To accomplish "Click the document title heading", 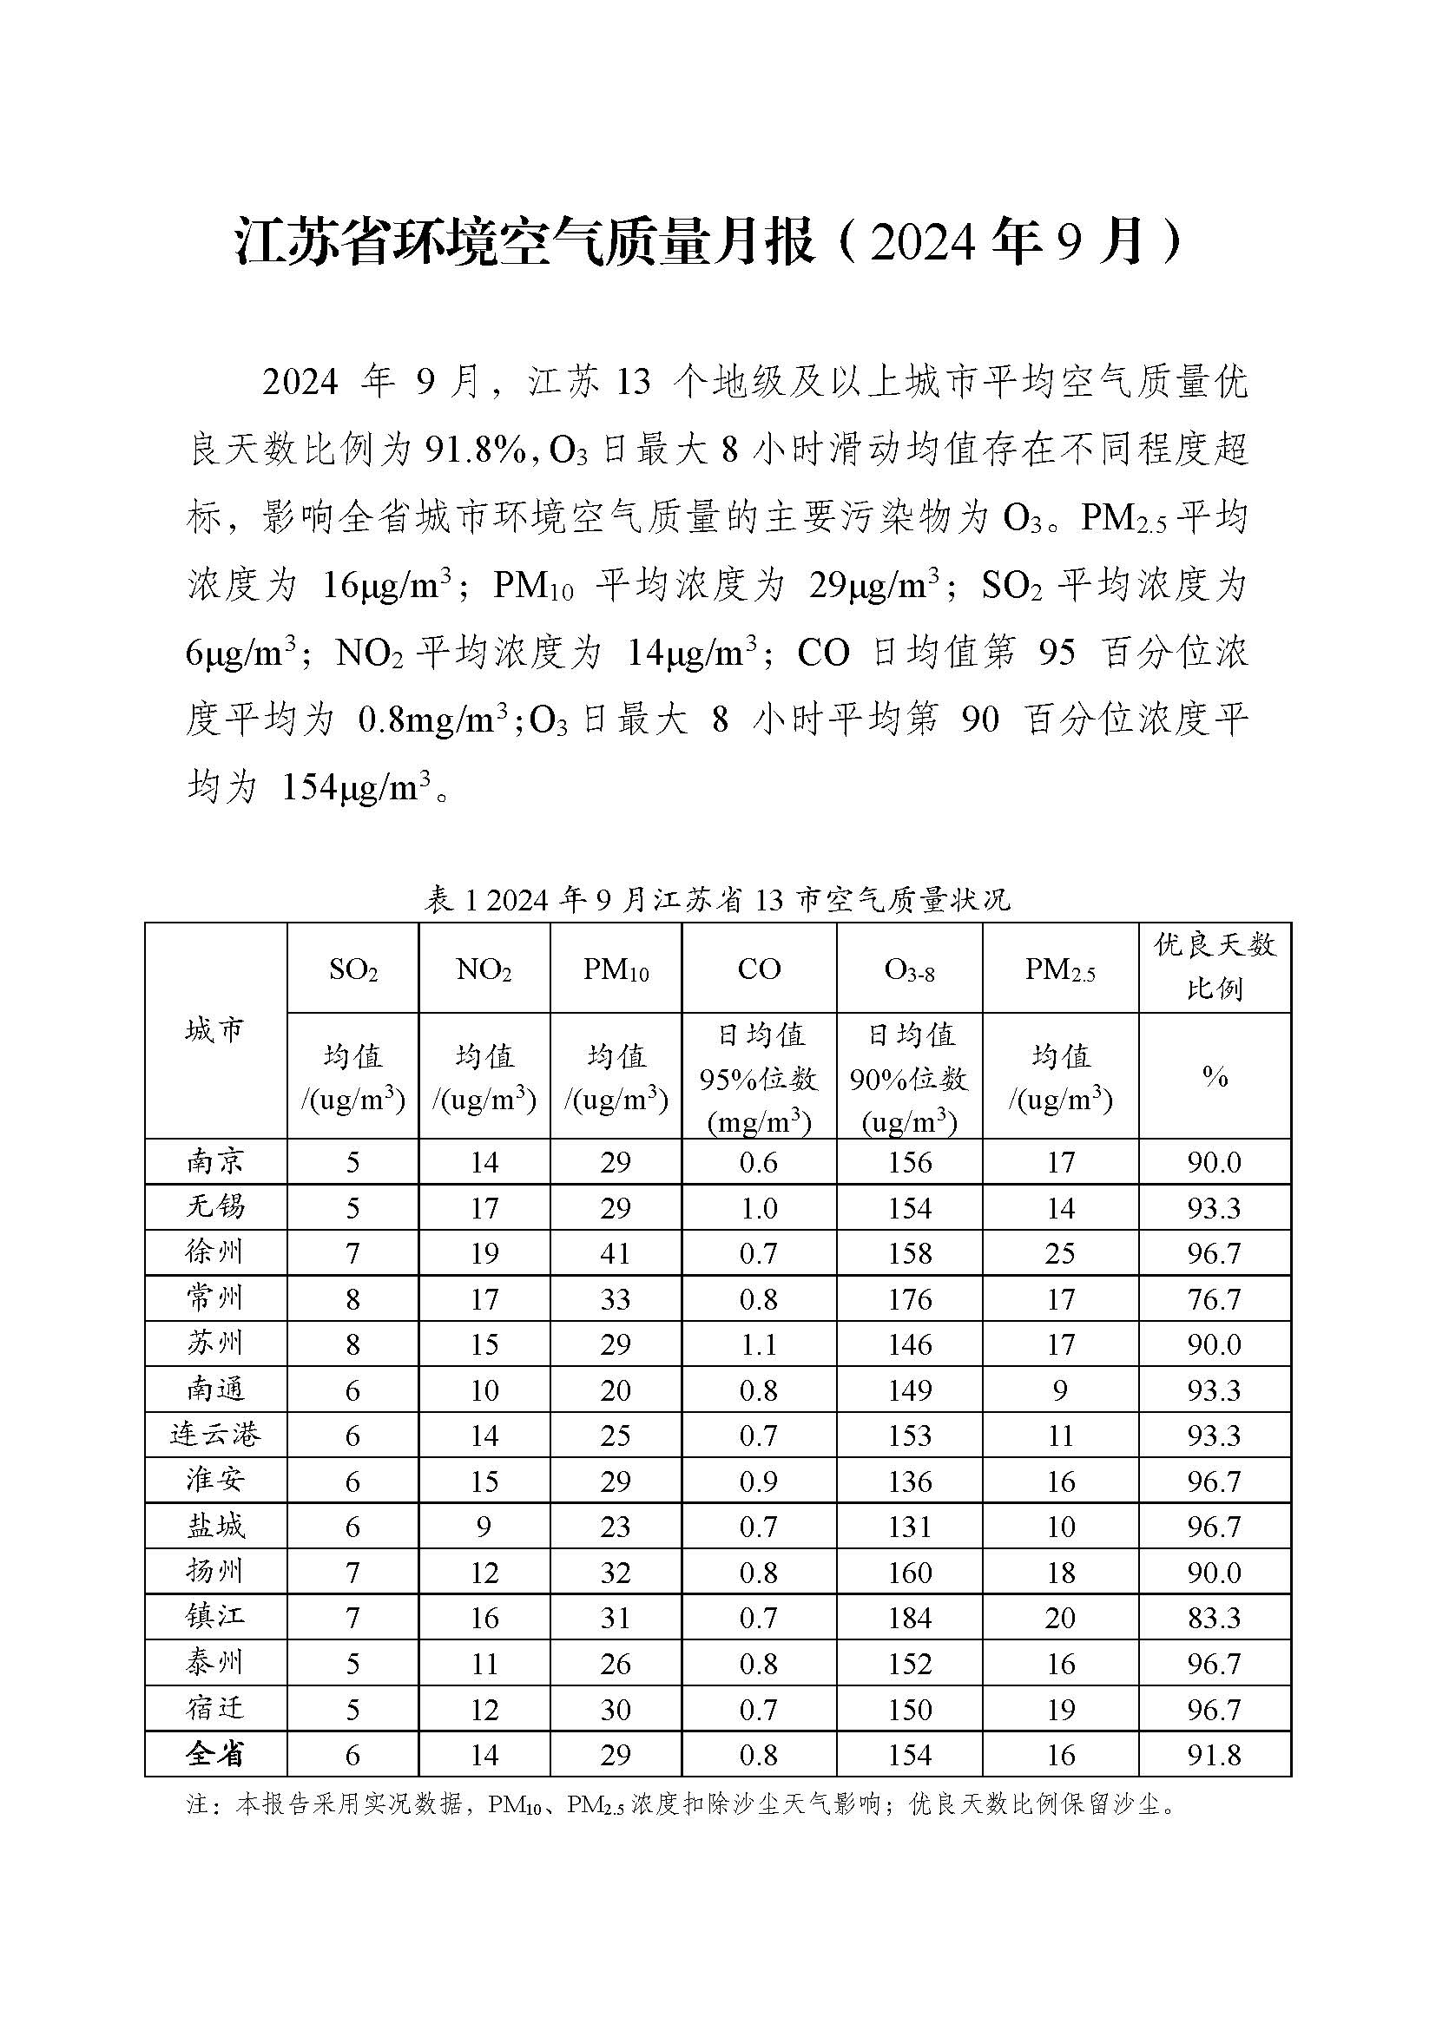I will pyautogui.click(x=708, y=242).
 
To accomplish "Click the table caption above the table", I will pyautogui.click(x=717, y=900).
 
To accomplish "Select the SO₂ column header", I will pyautogui.click(x=352, y=970).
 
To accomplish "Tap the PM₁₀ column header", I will pyautogui.click(x=616, y=970).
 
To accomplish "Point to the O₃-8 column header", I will pyautogui.click(x=909, y=970).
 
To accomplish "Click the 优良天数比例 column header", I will pyautogui.click(x=1214, y=966).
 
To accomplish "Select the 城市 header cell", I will pyautogui.click(x=214, y=1030).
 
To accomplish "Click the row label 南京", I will pyautogui.click(x=214, y=1162).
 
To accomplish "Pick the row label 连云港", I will pyautogui.click(x=214, y=1434).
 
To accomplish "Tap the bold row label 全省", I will pyautogui.click(x=214, y=1754).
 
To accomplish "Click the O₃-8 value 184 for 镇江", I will pyautogui.click(x=909, y=1618).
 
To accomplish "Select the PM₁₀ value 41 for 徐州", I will pyautogui.click(x=616, y=1254).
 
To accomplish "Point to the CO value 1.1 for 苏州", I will pyautogui.click(x=759, y=1344).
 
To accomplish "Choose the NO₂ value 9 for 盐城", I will pyautogui.click(x=484, y=1527).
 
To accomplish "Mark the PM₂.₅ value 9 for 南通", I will pyautogui.click(x=1060, y=1390).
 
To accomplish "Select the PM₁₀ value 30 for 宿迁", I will pyautogui.click(x=616, y=1709).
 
